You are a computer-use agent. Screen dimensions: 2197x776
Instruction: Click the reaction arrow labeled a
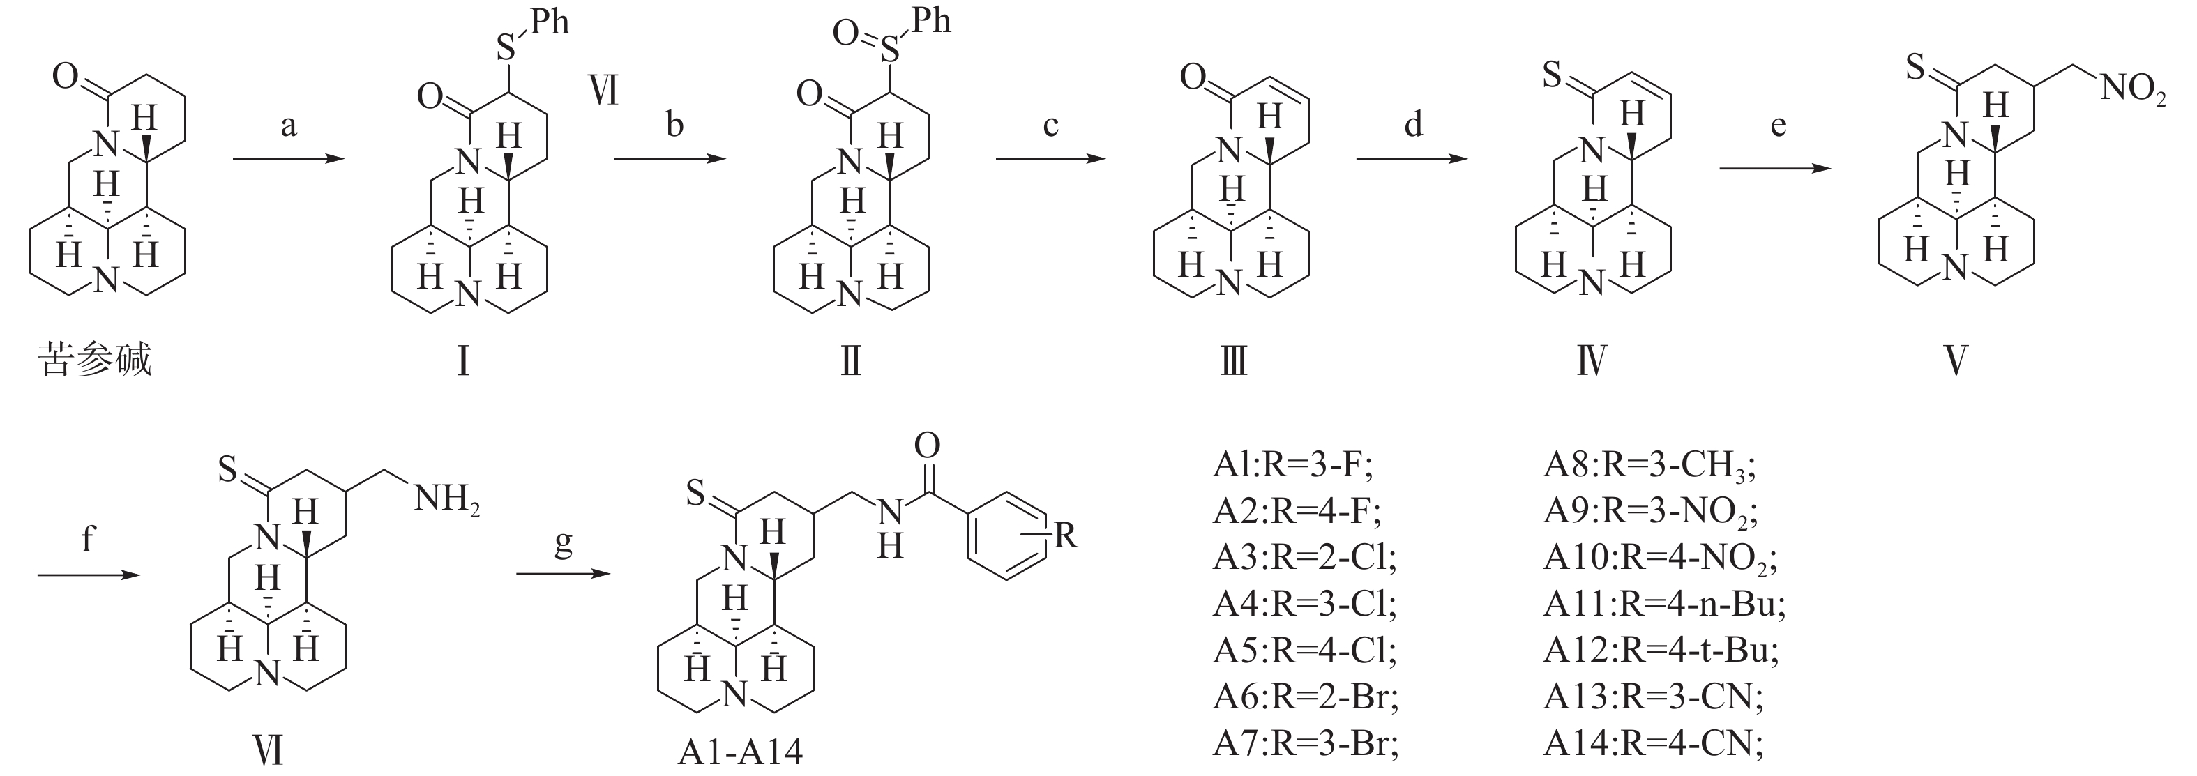[288, 158]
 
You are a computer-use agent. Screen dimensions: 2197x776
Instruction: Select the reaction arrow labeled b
[670, 158]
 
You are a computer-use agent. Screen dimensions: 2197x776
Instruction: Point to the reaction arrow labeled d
[1412, 158]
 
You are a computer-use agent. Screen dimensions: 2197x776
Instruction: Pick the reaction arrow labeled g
[564, 574]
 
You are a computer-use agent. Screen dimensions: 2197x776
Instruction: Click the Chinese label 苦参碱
[96, 359]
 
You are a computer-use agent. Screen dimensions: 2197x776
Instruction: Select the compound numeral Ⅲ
[1233, 360]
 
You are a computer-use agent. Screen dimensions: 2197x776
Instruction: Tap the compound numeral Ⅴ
[1956, 360]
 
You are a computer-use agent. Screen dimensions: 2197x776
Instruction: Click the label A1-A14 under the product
[740, 752]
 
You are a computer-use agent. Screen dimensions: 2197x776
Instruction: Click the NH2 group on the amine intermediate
[447, 498]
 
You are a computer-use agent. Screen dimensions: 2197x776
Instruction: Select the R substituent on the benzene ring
[1065, 535]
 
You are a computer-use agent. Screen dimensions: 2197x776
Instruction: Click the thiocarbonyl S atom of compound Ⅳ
[1553, 75]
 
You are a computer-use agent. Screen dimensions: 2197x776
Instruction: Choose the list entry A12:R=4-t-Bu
[1661, 651]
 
